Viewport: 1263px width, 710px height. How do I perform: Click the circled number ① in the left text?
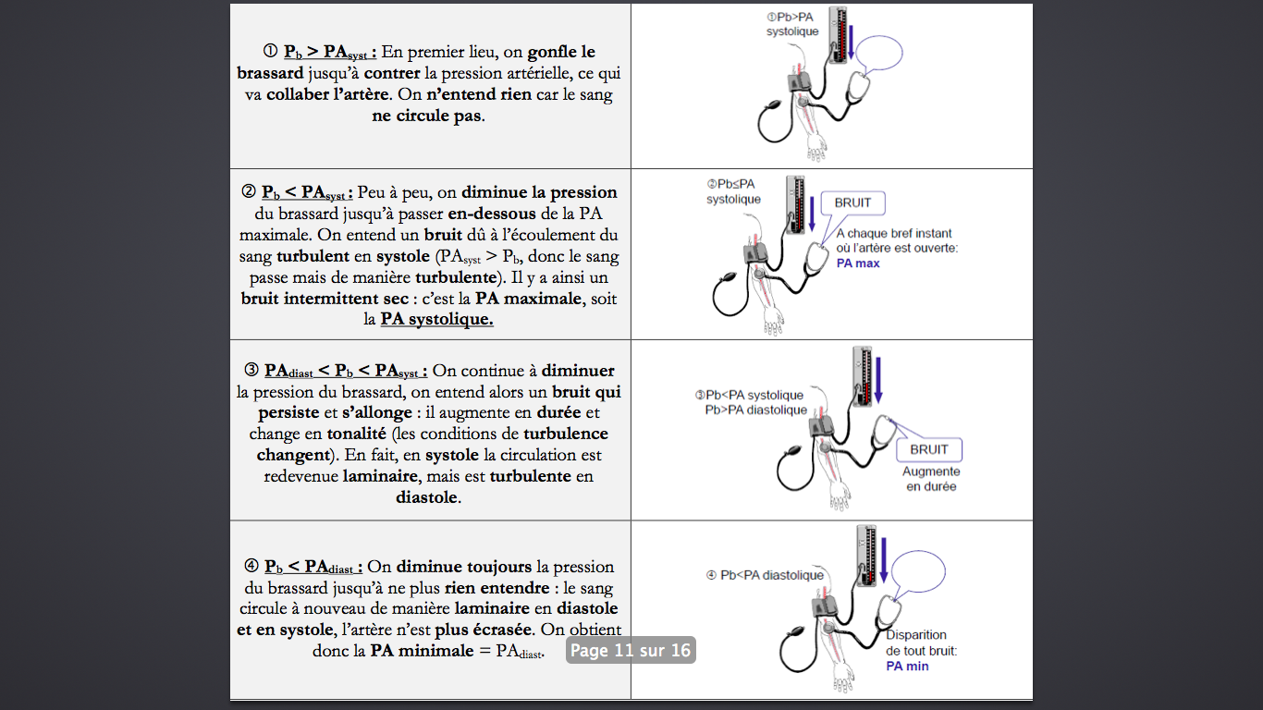[271, 52]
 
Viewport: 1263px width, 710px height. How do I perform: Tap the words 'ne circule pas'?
[427, 116]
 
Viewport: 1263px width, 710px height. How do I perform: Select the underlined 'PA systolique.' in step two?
[437, 319]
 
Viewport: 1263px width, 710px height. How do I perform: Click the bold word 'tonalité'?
[356, 434]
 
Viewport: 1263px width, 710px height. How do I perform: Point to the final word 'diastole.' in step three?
[428, 497]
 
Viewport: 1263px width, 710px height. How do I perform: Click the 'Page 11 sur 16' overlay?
[631, 650]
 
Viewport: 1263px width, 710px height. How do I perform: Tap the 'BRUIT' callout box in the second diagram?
[852, 203]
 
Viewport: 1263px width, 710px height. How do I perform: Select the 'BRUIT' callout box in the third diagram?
[929, 449]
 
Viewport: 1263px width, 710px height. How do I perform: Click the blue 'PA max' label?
[858, 263]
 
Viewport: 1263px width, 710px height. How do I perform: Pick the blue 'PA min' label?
[907, 666]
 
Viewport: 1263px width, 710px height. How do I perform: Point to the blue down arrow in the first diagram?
[851, 42]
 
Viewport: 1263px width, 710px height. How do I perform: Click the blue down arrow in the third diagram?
[877, 380]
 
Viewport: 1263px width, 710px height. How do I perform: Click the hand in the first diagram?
[816, 148]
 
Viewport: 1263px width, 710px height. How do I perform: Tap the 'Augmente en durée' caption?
[931, 479]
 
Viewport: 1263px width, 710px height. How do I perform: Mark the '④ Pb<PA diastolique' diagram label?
[765, 575]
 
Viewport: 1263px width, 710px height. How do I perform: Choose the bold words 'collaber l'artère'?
[327, 94]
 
